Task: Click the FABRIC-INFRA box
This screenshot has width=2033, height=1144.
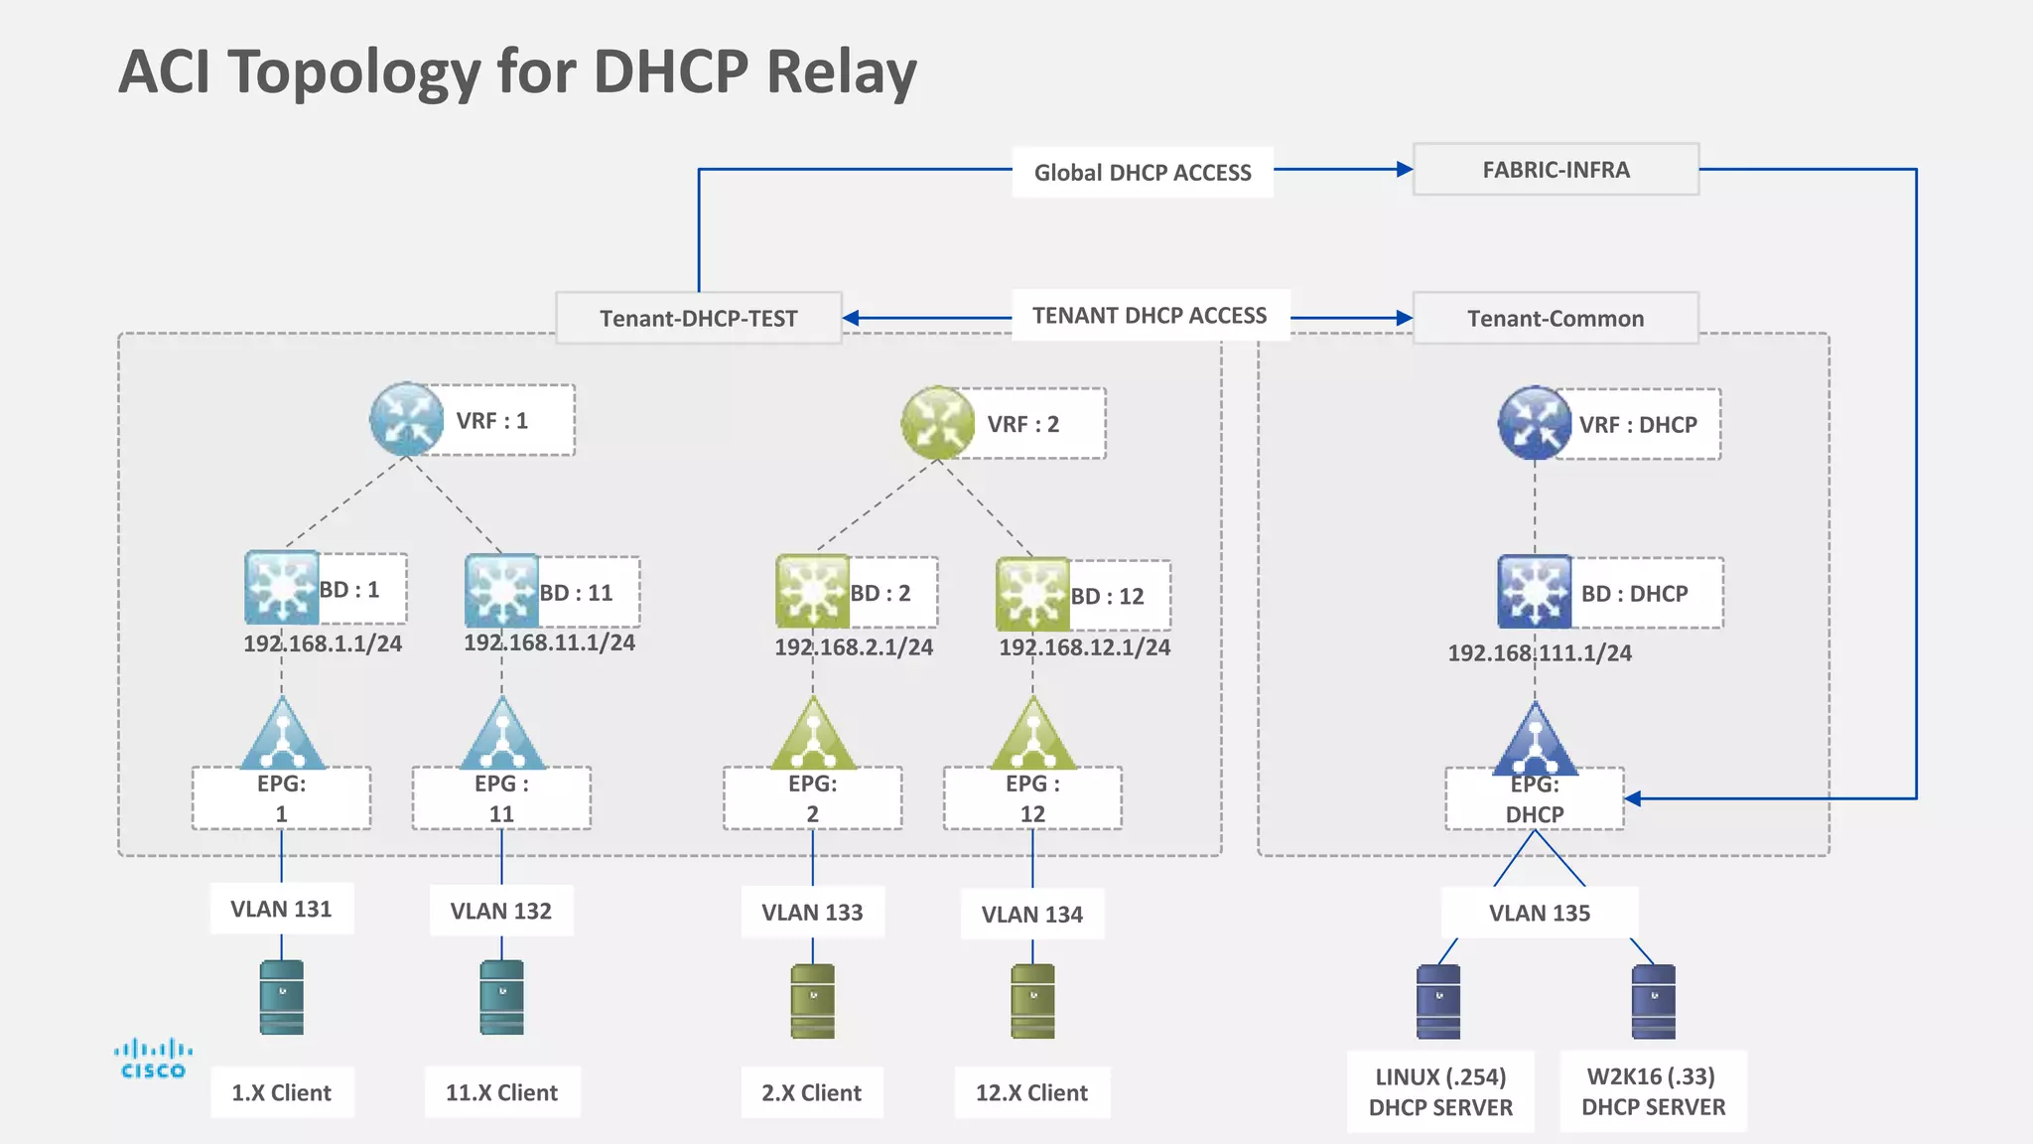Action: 1556,170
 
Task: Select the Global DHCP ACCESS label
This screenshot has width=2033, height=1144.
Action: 1143,173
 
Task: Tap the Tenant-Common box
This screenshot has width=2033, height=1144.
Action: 1556,319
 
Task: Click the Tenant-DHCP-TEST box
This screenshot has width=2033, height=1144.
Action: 698,319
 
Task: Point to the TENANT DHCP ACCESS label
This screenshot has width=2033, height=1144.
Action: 1150,316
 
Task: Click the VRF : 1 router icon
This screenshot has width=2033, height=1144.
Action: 406,419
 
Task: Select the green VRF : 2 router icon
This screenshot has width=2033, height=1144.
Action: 937,423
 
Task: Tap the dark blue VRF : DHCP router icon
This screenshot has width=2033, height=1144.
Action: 1534,423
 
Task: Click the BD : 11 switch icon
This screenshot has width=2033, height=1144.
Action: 501,591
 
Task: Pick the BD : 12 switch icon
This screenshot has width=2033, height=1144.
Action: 1032,594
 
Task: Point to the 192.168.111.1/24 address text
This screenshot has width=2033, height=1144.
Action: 1540,653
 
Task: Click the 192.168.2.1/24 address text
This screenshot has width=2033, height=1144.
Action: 854,647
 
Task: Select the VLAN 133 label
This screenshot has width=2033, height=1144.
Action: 812,913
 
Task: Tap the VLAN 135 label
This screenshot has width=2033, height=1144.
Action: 1539,914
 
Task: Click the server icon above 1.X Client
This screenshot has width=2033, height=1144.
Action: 282,997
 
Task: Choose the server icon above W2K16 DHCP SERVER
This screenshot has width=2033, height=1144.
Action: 1653,1001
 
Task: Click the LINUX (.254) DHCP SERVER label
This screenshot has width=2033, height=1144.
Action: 1440,1091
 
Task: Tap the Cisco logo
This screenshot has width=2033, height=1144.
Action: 153,1059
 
